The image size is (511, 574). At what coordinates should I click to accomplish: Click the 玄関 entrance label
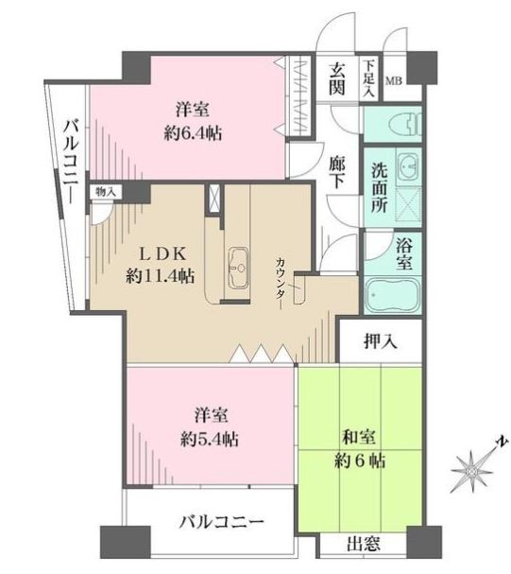point(336,79)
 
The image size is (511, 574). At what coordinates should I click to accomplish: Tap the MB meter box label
point(394,81)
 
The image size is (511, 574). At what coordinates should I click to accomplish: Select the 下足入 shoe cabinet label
point(369,79)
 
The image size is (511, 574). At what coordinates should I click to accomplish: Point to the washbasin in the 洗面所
point(410,167)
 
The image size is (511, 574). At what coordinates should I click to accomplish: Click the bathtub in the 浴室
point(393,295)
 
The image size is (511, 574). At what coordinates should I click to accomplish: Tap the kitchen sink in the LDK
point(238,268)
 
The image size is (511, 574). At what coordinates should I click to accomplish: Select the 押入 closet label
point(380,341)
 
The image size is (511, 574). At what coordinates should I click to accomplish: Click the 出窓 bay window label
point(364,544)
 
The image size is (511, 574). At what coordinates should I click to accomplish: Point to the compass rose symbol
point(472,471)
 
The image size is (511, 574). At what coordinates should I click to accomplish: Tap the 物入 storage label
point(106,191)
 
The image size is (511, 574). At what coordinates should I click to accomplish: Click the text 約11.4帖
point(160,276)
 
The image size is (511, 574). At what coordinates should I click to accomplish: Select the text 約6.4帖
point(193,134)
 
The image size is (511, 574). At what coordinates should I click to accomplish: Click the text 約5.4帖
point(210,439)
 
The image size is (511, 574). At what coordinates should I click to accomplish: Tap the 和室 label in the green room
point(359,437)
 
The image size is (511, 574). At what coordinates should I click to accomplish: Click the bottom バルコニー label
point(221,522)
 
